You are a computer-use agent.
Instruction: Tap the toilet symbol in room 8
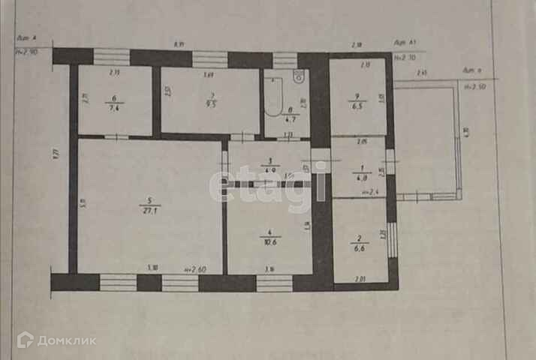click(x=298, y=76)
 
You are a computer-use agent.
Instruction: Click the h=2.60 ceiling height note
click(x=195, y=268)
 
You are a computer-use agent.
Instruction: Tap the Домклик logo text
click(x=67, y=340)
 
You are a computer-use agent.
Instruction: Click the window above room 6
click(x=112, y=58)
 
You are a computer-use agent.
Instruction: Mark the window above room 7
click(x=210, y=59)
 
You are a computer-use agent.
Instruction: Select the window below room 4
click(x=274, y=283)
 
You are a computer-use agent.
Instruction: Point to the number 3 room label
click(x=268, y=161)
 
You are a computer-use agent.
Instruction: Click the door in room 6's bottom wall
click(x=115, y=137)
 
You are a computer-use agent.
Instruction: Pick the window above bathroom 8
click(x=285, y=59)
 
